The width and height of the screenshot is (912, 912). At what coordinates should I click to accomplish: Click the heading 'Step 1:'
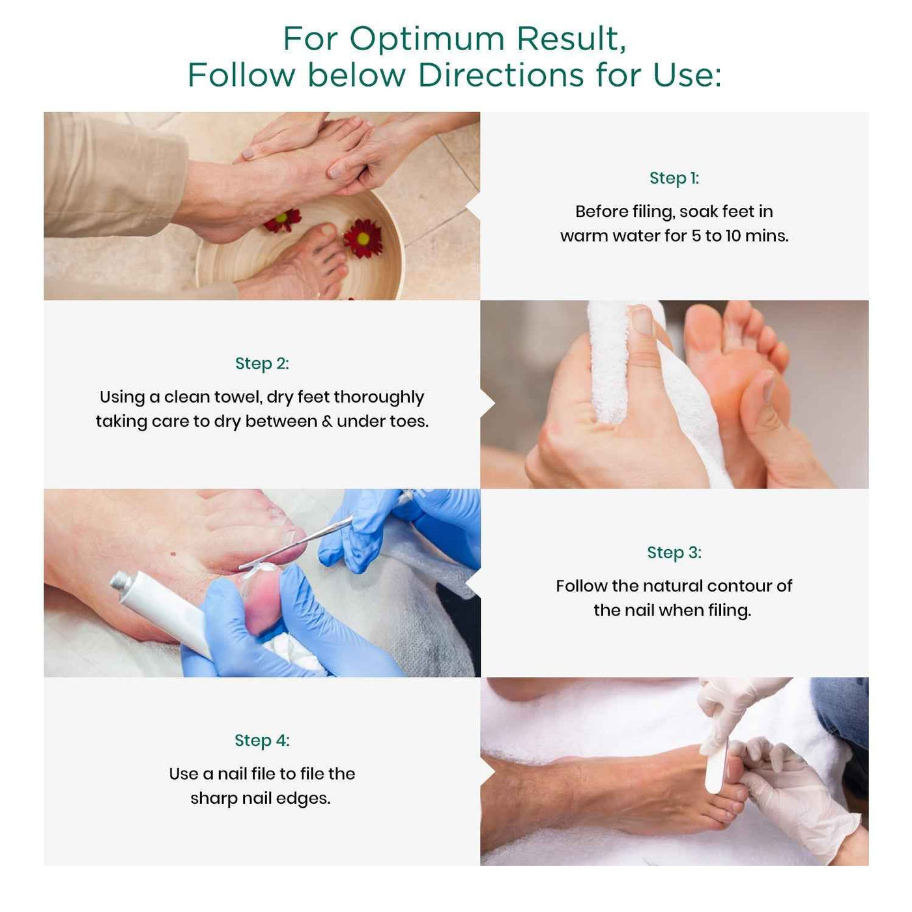coord(674,178)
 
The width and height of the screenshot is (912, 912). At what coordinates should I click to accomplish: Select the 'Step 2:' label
coord(262,363)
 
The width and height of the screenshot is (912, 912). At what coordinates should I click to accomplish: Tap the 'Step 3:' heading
coord(674,552)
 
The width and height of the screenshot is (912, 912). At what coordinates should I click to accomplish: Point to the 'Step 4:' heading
coord(262,741)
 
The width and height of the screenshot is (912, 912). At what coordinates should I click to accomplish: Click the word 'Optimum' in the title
coord(427,39)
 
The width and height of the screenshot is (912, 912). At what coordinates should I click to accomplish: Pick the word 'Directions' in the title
coord(500,75)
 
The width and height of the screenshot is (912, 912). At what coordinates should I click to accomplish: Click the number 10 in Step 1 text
coord(733,236)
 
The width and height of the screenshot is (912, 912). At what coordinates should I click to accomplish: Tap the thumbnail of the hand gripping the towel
coord(642,321)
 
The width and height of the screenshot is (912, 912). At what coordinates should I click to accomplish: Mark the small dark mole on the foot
coord(174,554)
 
